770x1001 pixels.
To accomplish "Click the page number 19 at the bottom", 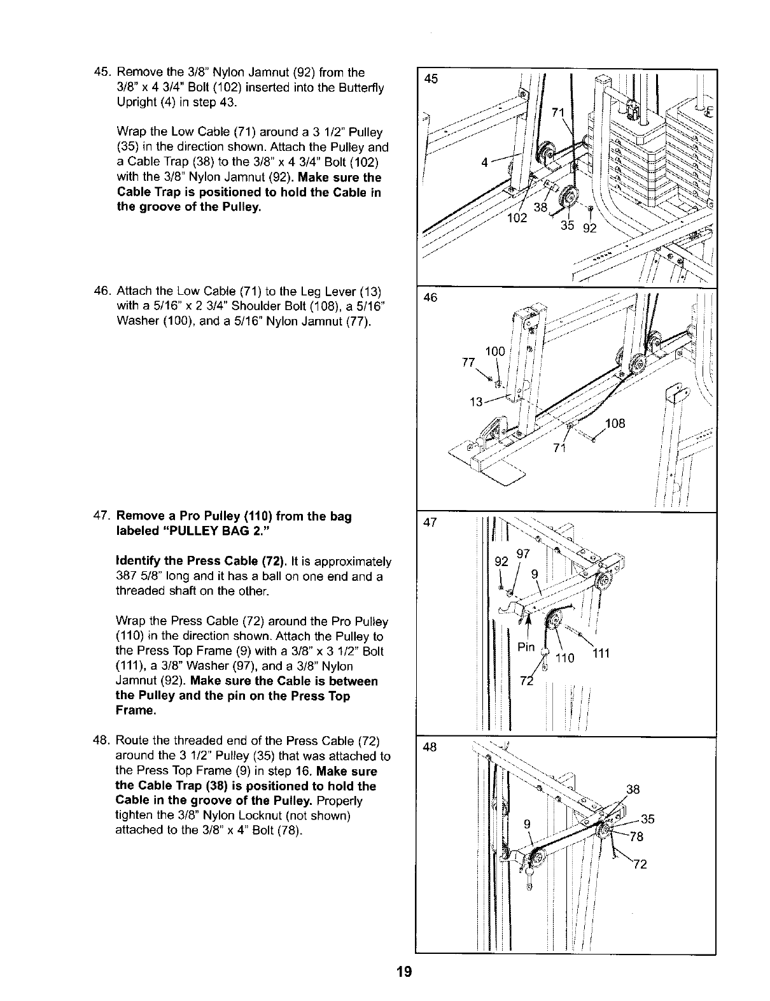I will click(403, 972).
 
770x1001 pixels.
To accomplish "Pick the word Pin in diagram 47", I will click(526, 648).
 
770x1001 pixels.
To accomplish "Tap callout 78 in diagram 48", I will click(636, 837).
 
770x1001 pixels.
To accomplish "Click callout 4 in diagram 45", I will click(485, 161).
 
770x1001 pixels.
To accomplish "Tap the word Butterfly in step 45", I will click(363, 87).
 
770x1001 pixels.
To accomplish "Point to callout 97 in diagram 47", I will click(523, 554).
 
